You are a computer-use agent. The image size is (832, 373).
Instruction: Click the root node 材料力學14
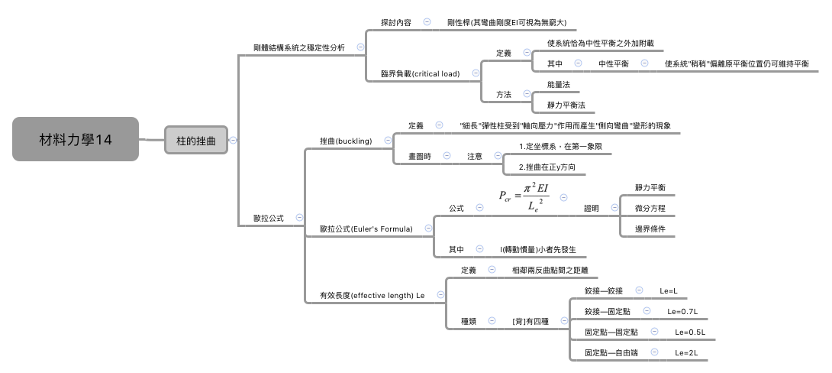[x=75, y=139]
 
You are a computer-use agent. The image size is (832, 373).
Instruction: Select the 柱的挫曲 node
[x=195, y=141]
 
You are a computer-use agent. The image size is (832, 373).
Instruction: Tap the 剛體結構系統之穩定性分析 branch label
[x=298, y=48]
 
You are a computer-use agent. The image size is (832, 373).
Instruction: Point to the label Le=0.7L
[x=682, y=311]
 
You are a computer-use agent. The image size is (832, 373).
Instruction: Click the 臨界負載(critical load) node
[x=420, y=74]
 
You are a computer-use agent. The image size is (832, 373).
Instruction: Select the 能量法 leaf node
[x=558, y=84]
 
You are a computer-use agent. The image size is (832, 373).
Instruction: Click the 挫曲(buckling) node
[x=346, y=141]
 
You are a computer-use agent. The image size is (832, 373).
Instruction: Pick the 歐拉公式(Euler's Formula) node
[x=366, y=229]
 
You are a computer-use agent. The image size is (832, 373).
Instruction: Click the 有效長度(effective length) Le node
[x=371, y=295]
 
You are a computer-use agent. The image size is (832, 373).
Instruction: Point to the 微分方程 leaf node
[x=650, y=208]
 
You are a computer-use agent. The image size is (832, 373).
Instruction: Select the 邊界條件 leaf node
[x=650, y=229]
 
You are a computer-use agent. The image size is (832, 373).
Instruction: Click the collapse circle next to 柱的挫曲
[x=233, y=140]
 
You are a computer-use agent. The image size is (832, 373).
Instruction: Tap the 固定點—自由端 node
[x=611, y=353]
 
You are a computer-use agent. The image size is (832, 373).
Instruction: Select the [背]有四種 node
[x=530, y=322]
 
